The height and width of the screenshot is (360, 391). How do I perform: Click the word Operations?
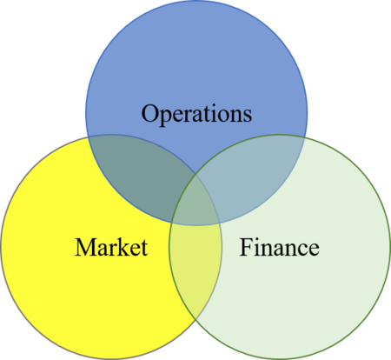[x=196, y=114]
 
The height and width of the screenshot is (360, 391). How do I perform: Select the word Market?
[x=111, y=247]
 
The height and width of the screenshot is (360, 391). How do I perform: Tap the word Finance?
[x=279, y=247]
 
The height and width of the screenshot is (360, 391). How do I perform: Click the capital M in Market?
[x=86, y=247]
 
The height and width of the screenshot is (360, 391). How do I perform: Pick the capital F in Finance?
[x=245, y=247]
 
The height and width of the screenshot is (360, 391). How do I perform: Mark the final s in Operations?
[x=248, y=116]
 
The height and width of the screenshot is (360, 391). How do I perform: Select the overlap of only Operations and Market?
[x=139, y=171]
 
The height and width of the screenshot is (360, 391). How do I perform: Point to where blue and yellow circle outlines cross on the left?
[x=88, y=137]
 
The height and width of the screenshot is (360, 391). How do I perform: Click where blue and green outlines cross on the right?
[x=305, y=137]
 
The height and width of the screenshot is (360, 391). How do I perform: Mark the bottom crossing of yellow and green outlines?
[x=195, y=319]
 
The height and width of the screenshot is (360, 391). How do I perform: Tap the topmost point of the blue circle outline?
[x=196, y=1]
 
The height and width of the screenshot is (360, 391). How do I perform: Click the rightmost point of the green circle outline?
[x=390, y=247]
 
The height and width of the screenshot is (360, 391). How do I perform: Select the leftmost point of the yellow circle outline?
[x=2, y=247]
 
